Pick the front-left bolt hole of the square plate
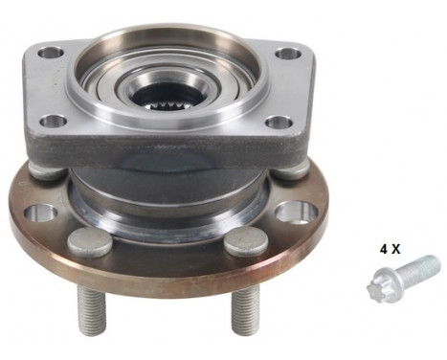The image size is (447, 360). coord(55,121)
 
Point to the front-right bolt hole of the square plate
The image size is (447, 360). coord(278,123)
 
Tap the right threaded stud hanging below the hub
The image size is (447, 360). coord(245,312)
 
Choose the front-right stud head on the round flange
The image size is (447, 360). coord(246,243)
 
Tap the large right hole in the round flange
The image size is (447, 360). coord(299,212)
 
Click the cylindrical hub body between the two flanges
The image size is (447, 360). coord(168,196)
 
